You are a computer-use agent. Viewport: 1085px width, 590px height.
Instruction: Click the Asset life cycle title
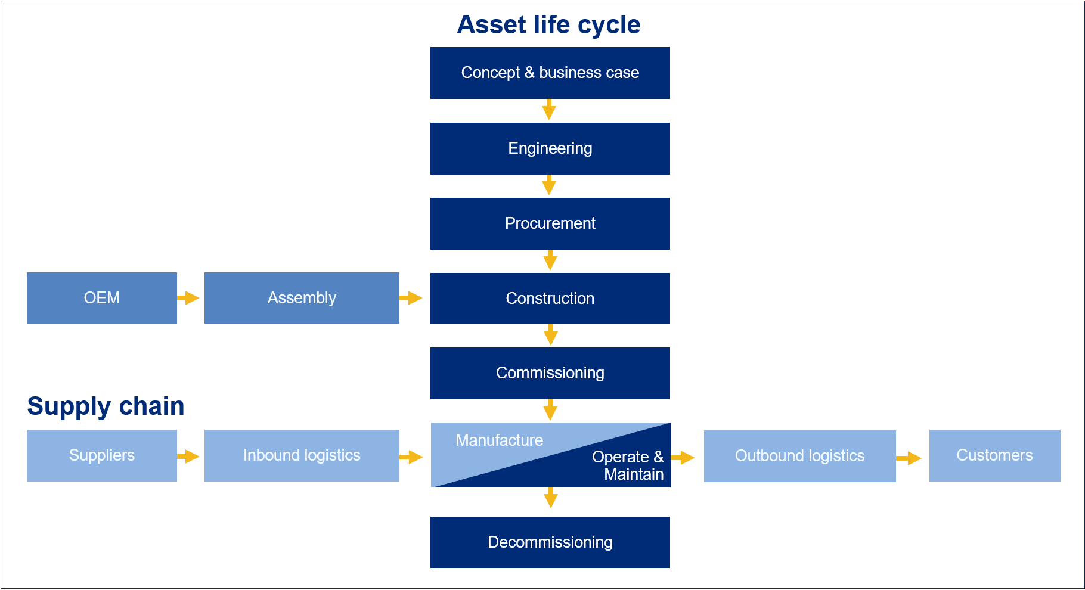tap(548, 25)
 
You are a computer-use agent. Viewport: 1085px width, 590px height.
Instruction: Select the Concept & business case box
tap(550, 73)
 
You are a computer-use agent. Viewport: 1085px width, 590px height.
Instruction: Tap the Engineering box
tap(550, 148)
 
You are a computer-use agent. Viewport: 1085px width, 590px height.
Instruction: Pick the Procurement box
tap(550, 223)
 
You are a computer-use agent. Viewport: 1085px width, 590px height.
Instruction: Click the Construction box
tap(550, 299)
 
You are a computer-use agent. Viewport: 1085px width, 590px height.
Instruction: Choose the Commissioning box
tap(550, 373)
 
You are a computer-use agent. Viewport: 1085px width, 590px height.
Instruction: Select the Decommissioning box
tap(550, 542)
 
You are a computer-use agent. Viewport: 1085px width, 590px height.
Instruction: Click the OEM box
tap(102, 298)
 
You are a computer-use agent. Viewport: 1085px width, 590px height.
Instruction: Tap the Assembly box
tap(302, 298)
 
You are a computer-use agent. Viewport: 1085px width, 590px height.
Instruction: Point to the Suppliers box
tap(102, 455)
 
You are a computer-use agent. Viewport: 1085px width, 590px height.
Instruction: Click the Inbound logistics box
tap(302, 455)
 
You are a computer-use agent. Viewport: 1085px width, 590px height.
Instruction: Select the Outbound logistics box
tap(800, 456)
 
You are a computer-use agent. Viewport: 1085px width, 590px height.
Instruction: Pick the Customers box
tap(995, 455)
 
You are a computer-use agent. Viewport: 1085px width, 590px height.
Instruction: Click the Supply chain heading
tap(106, 406)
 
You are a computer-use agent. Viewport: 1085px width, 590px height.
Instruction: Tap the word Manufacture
tap(500, 440)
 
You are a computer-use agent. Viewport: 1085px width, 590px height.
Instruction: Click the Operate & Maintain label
tap(628, 465)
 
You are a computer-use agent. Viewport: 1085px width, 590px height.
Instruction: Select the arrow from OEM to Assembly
tap(188, 298)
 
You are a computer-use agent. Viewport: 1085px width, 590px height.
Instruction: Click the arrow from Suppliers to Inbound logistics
tap(188, 457)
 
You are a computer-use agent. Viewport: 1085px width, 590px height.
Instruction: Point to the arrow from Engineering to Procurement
tap(549, 185)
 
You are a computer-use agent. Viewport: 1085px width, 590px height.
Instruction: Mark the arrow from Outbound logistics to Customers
tap(909, 458)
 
